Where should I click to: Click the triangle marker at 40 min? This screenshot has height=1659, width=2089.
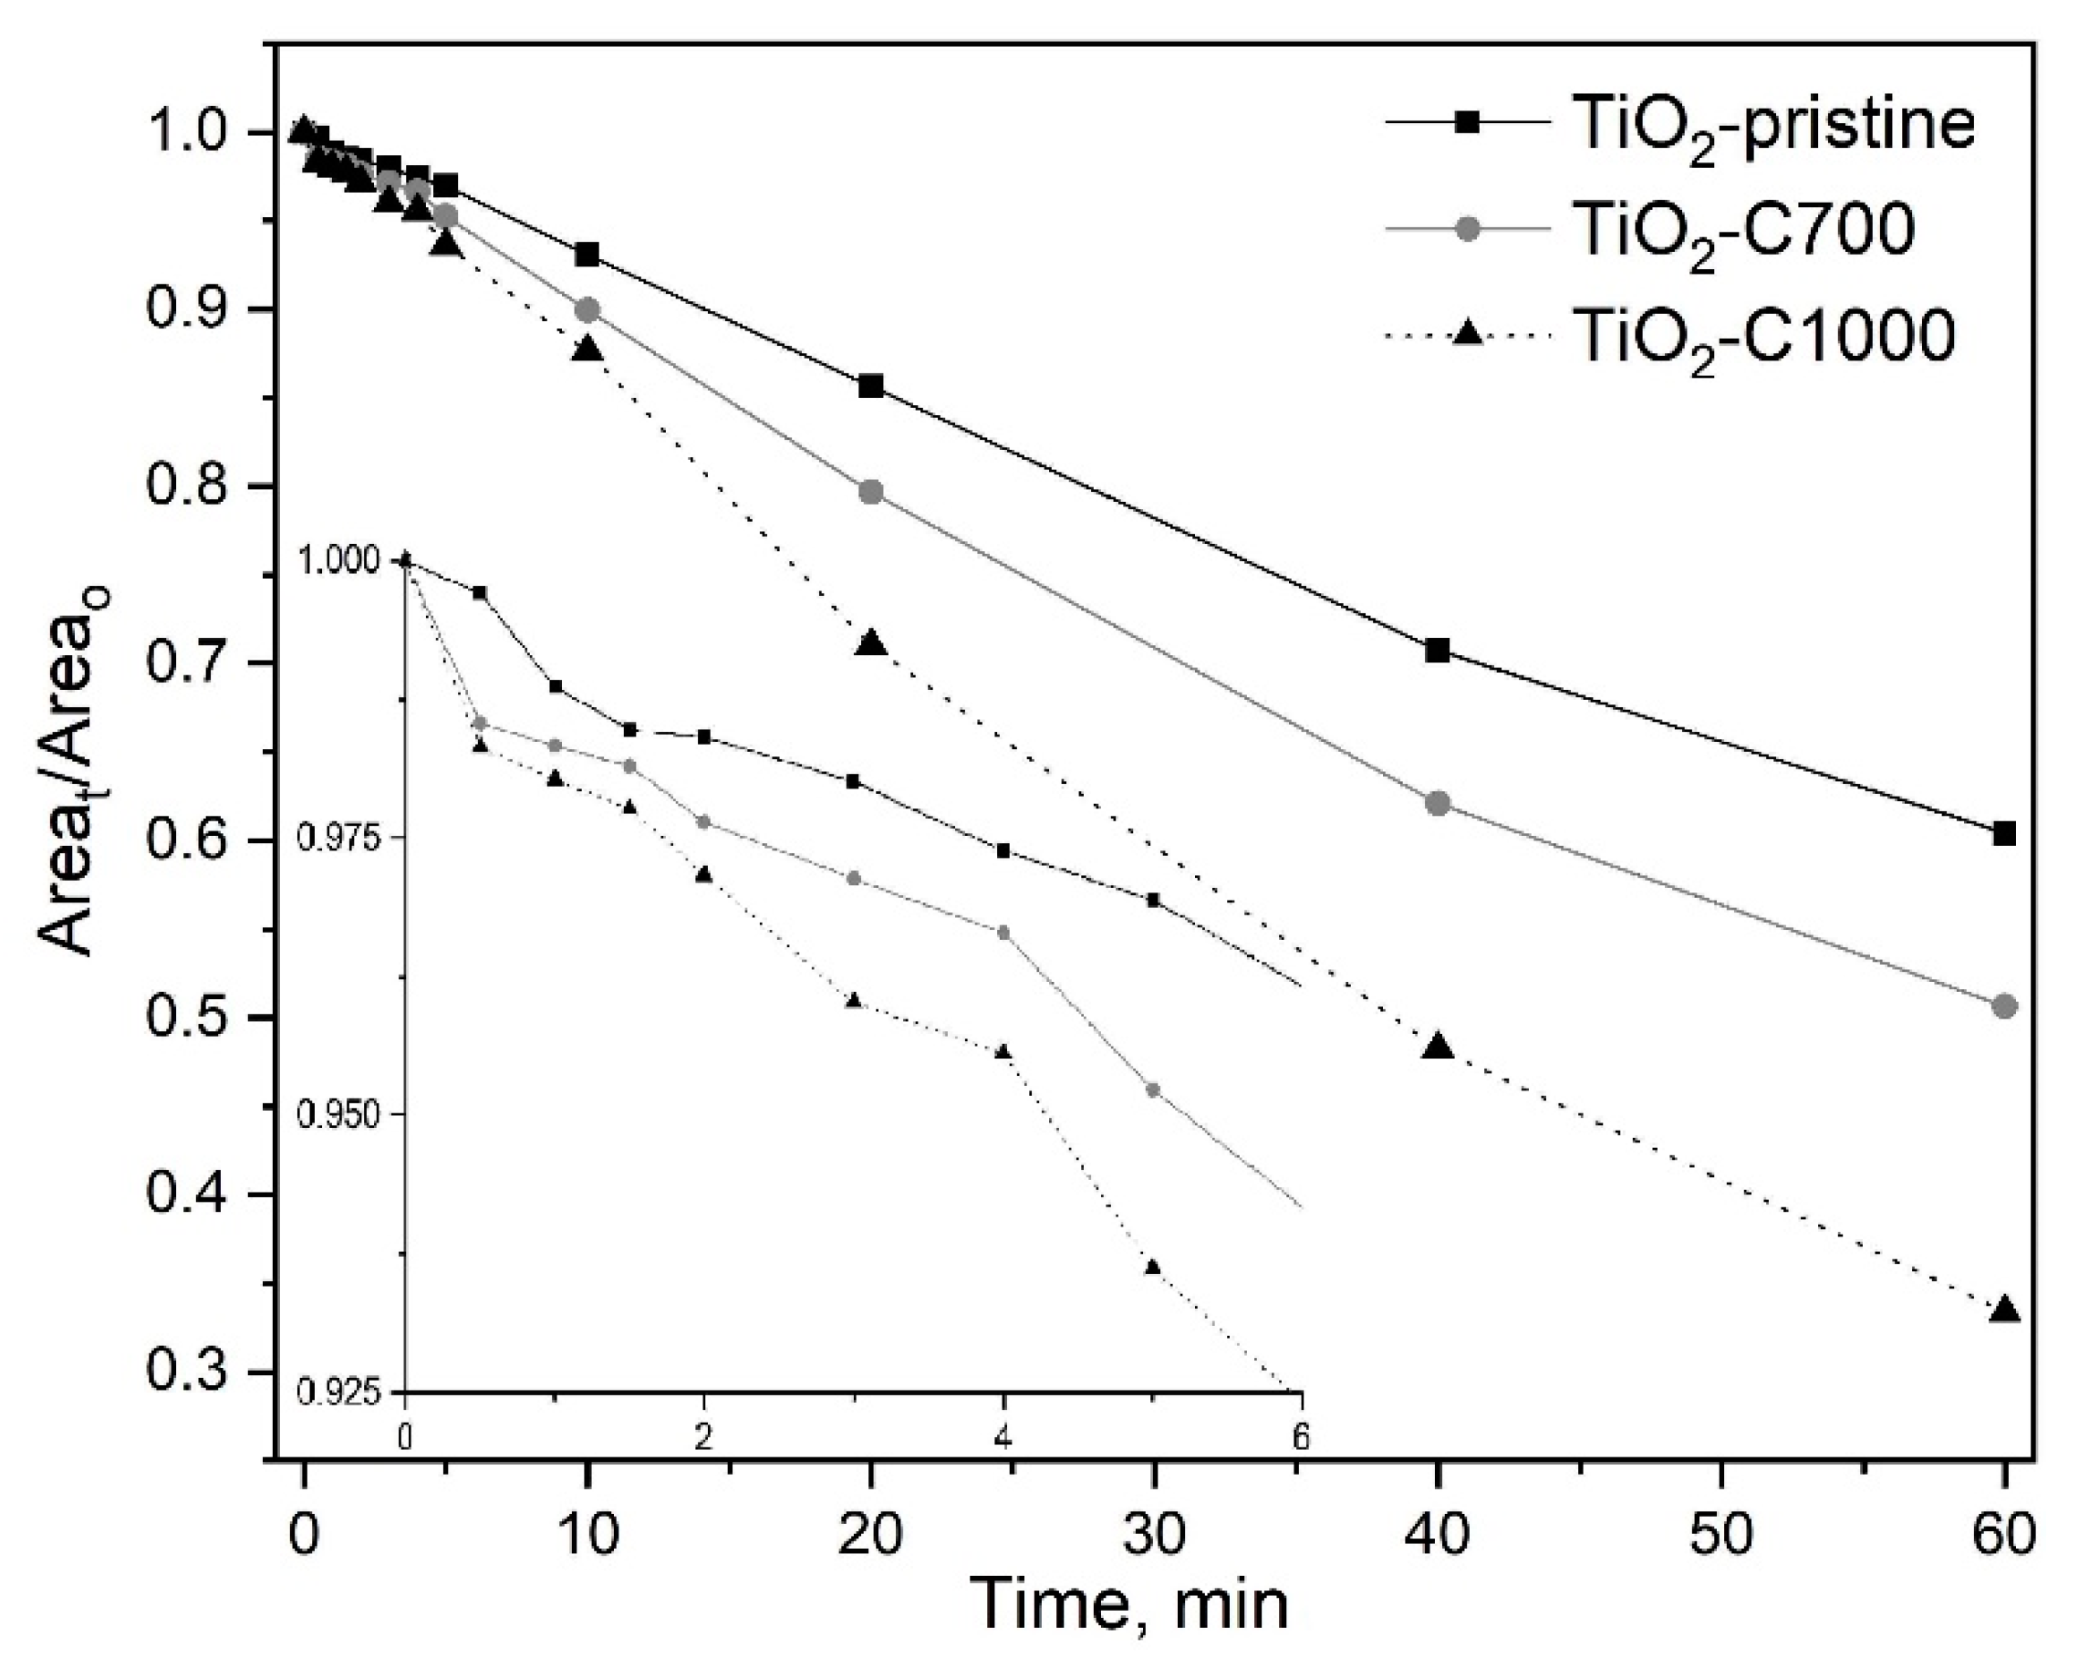point(1438,1047)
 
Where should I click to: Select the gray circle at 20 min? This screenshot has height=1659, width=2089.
point(871,491)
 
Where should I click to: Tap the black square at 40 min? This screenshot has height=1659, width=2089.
point(1438,651)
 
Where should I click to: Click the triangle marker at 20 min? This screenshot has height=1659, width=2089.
point(872,643)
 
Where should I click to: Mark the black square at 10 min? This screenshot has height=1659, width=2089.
point(587,255)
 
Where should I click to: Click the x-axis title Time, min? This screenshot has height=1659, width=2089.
point(1131,1603)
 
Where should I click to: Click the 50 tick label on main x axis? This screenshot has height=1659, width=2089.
point(1720,1535)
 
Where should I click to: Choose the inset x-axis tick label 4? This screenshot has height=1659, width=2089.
point(1003,1438)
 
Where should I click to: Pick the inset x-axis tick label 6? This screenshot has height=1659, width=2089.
point(1300,1438)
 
